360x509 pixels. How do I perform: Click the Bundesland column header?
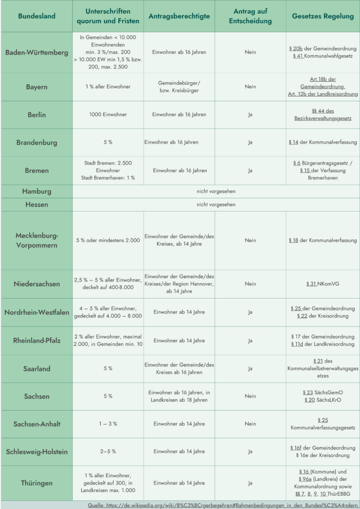pos(36,16)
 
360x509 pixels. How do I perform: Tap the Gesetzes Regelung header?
pos(322,16)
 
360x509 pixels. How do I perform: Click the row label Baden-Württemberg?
pos(37,52)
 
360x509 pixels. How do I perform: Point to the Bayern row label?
pos(37,86)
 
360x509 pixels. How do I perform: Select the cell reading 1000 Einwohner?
pos(108,115)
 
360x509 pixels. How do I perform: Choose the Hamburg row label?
pos(37,191)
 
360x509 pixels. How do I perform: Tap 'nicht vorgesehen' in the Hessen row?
pos(216,204)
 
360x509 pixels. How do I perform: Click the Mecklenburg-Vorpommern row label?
pos(37,240)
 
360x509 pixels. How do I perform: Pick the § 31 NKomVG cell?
pos(322,284)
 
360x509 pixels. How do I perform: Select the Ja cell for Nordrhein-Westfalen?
pos(250,312)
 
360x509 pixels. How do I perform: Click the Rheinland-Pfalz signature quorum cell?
pos(108,340)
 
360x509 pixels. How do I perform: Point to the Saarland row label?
pos(37,368)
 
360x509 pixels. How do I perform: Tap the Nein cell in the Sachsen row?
pos(250,396)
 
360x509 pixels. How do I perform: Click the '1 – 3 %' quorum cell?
pos(108,424)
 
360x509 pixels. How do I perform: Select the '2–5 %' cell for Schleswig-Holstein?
pos(108,451)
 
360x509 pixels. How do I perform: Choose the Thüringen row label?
pos(37,484)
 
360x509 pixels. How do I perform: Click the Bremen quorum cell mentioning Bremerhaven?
pos(108,171)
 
